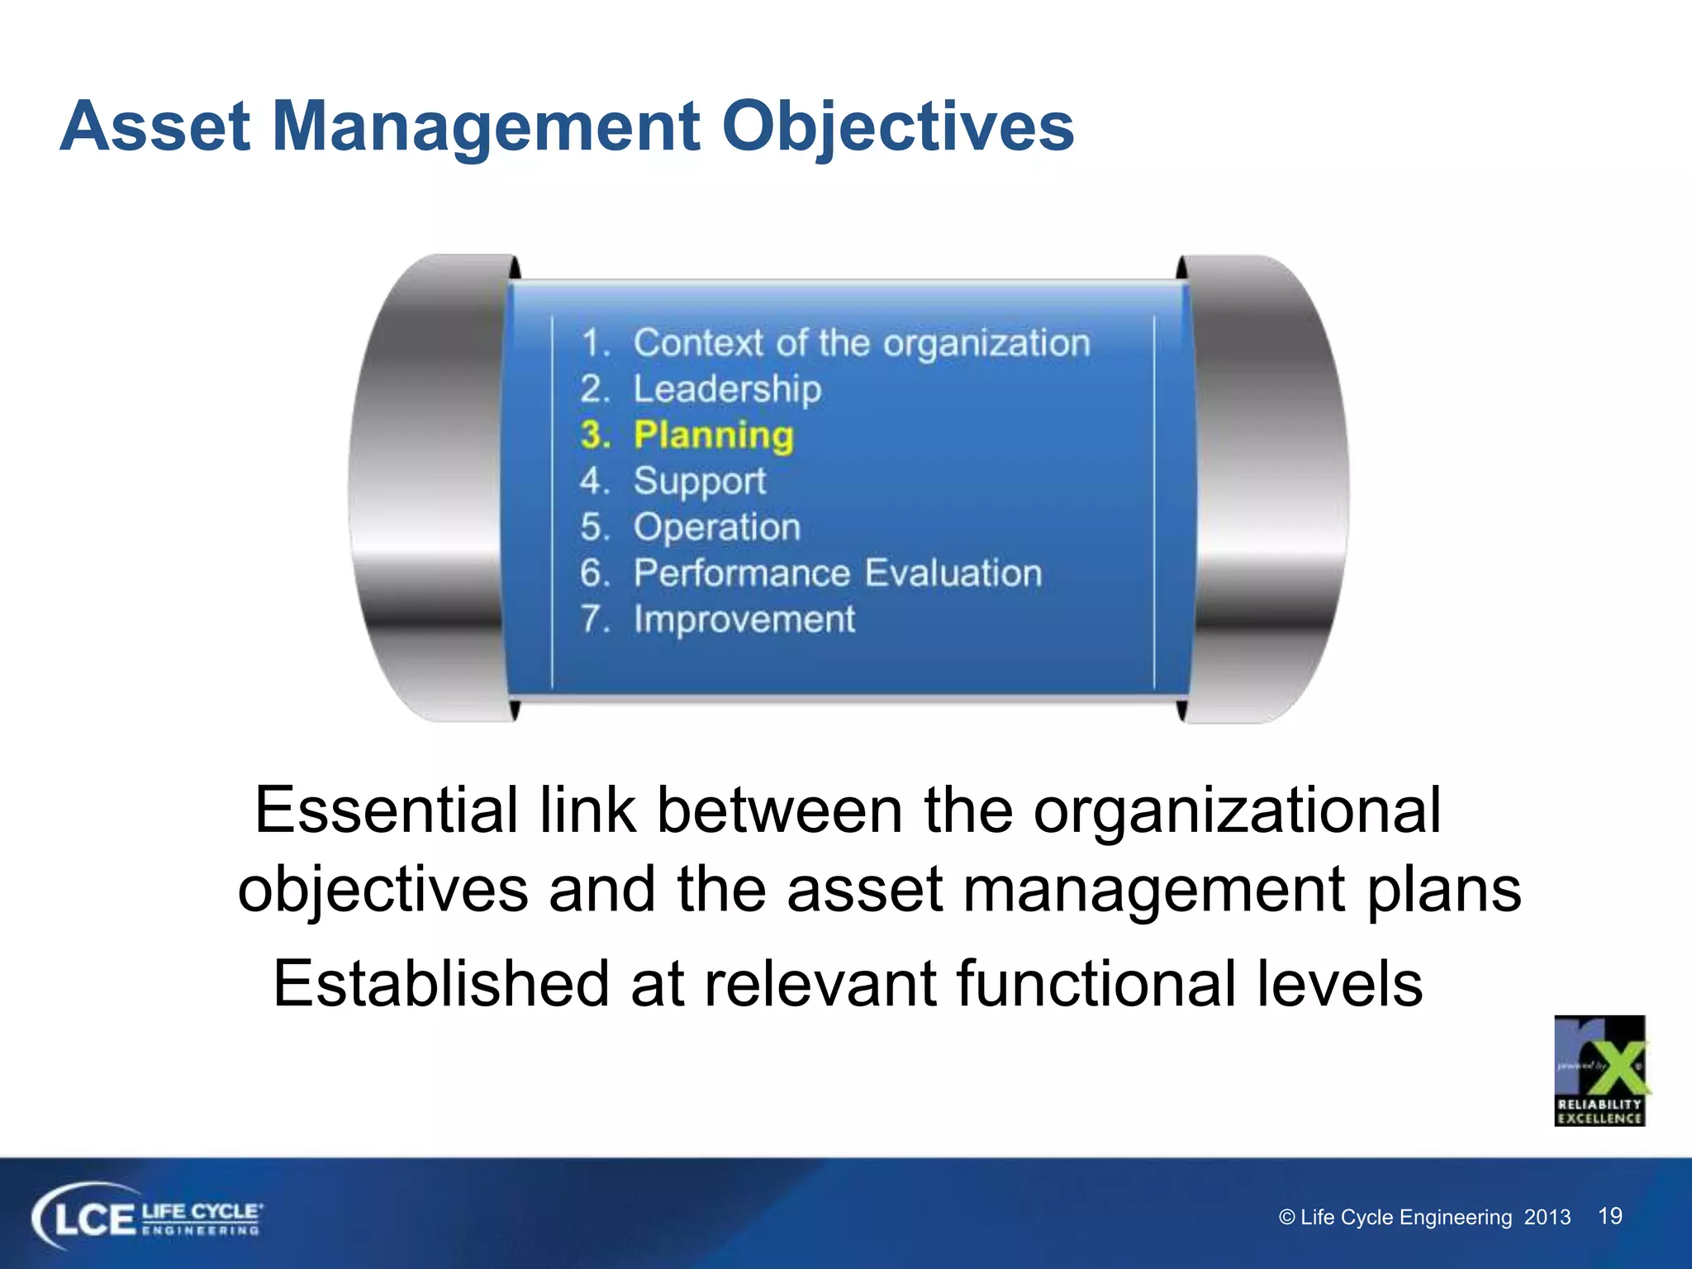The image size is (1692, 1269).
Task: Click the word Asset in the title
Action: (154, 127)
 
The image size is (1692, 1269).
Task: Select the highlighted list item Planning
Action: (713, 435)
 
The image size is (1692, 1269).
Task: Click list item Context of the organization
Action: (861, 343)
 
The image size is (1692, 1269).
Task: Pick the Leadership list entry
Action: (727, 389)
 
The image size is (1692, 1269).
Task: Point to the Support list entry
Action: (699, 482)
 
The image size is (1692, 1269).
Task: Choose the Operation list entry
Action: (716, 527)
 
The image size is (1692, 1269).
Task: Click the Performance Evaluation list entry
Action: (837, 573)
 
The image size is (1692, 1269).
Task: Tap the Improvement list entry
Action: (744, 620)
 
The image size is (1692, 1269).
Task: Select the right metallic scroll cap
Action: (1268, 487)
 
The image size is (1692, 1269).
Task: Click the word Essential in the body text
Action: (386, 810)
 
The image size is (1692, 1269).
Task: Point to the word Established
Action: (441, 984)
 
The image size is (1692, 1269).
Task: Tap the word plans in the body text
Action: (1442, 891)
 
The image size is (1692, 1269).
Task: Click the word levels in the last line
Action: (1339, 984)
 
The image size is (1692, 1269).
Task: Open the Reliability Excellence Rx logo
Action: (1599, 1071)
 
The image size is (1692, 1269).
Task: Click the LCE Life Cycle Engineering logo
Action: (147, 1219)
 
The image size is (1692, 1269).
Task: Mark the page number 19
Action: (1609, 1216)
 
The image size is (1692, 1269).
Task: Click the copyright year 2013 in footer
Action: (1547, 1218)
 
